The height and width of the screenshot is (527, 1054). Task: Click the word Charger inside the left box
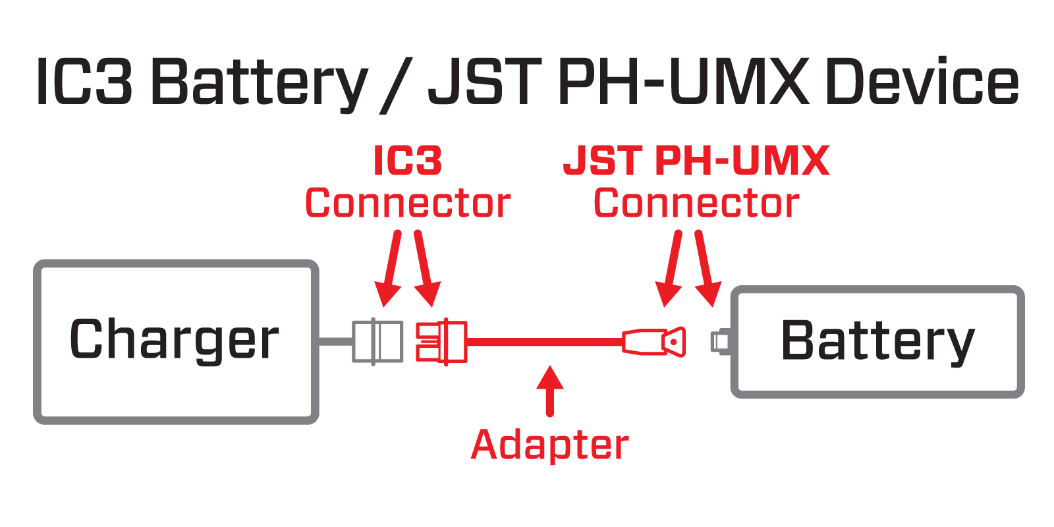[175, 340]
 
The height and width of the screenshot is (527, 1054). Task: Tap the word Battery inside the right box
[877, 341]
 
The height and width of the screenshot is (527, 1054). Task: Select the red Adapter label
[550, 445]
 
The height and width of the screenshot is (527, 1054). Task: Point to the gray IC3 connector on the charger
[377, 341]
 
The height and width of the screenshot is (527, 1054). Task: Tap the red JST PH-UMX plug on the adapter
[655, 342]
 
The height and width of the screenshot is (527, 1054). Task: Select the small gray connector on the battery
[719, 341]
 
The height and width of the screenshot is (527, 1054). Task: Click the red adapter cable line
[543, 341]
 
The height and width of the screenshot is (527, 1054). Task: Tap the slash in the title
[396, 84]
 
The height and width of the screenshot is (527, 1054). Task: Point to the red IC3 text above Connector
[407, 161]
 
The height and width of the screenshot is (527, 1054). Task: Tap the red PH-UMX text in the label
[742, 161]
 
